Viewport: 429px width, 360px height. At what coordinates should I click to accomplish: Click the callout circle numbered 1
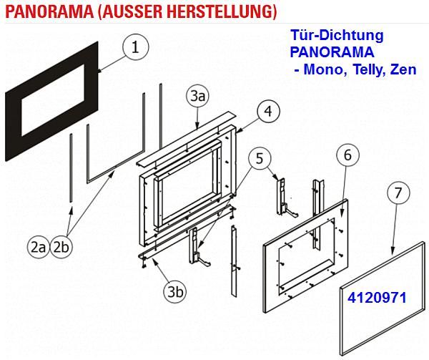point(136,47)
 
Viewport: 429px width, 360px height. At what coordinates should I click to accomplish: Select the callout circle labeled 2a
point(39,248)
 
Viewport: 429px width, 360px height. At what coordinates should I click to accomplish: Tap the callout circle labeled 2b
point(61,248)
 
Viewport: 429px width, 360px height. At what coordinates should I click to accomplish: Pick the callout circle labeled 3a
point(198,97)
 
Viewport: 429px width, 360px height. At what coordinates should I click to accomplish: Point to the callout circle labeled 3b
point(175,292)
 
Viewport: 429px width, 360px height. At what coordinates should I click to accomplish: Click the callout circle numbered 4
point(268,111)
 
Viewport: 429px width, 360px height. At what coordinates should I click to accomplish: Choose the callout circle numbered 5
point(260,158)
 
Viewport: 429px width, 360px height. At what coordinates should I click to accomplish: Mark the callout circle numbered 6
point(347,155)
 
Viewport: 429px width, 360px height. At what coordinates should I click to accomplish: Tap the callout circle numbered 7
point(398,193)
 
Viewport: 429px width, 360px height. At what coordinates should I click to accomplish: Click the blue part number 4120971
point(377,298)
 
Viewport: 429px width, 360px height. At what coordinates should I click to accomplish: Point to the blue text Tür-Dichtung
point(337,35)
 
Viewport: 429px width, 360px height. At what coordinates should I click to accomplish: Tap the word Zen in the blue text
point(403,69)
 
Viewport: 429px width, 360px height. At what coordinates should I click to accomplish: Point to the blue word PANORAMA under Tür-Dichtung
point(332,52)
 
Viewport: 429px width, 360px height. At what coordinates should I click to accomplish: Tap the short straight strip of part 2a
point(71,167)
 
